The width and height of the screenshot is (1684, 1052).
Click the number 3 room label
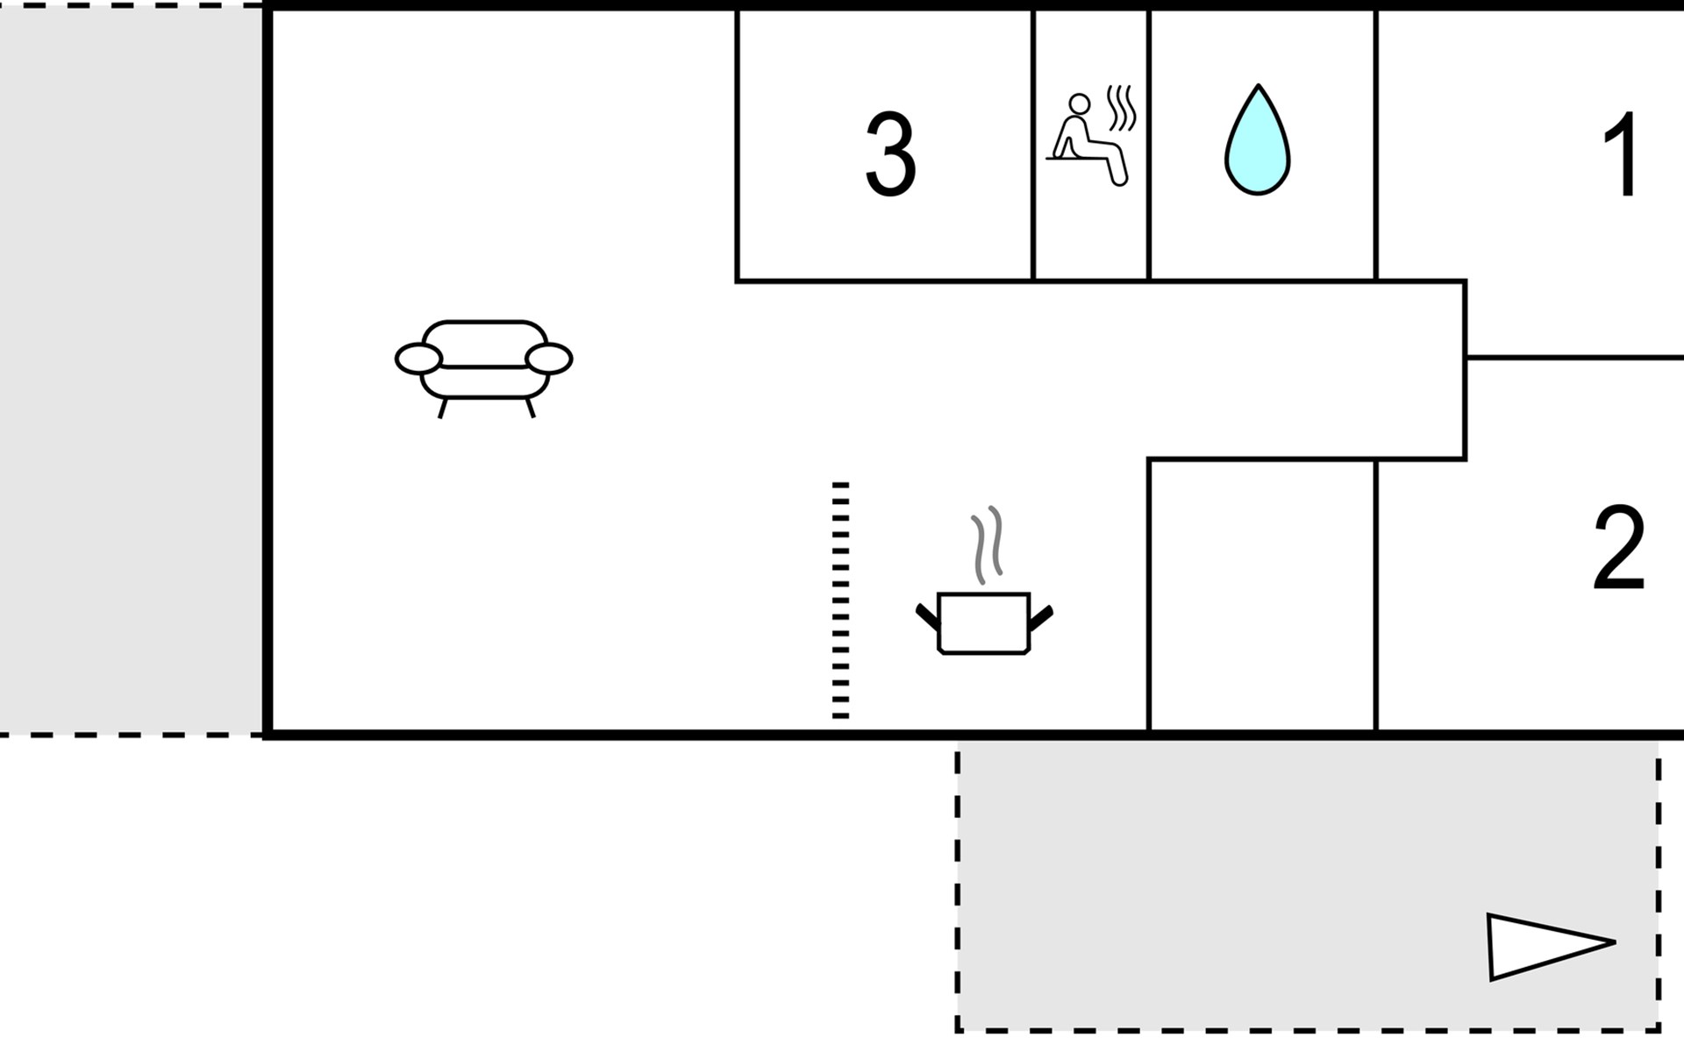point(890,155)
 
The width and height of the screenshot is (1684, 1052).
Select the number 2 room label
point(1618,549)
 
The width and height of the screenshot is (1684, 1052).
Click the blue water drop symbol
point(1257,145)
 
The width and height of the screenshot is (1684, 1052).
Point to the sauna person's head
point(1080,104)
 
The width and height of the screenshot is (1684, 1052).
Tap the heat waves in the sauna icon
point(1122,108)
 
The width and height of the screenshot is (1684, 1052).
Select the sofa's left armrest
point(418,359)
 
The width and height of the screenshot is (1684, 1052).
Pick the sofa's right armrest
point(549,359)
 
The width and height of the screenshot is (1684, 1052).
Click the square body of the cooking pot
point(983,623)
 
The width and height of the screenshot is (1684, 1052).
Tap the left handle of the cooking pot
point(927,616)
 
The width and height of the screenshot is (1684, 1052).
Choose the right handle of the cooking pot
point(1040,617)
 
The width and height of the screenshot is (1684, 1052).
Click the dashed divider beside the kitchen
point(840,601)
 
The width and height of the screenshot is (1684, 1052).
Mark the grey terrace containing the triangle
point(1228,885)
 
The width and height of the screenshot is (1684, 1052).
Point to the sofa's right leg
point(530,408)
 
